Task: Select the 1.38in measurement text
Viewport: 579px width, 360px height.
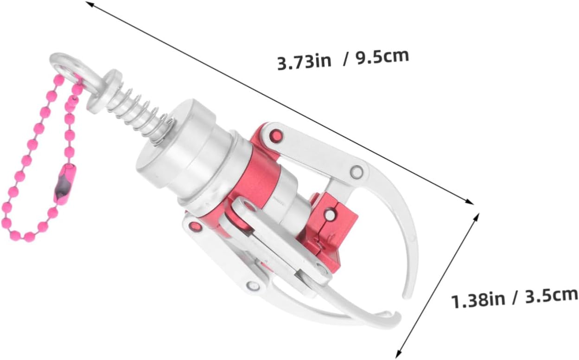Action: click(x=478, y=301)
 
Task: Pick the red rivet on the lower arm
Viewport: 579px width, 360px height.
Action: click(x=196, y=226)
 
